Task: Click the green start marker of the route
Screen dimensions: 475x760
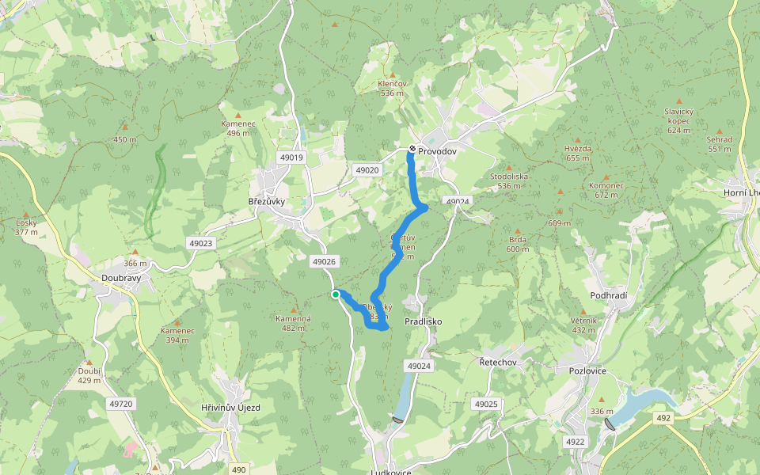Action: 336,294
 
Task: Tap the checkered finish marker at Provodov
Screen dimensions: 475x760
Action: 412,149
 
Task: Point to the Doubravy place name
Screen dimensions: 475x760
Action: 121,278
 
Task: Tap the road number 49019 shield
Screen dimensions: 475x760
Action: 291,158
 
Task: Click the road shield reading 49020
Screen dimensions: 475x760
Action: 367,169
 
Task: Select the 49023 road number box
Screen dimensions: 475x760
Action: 200,243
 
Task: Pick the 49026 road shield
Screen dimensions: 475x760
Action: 325,261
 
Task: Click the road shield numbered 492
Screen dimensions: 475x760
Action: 663,417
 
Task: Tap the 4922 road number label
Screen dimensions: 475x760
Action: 575,441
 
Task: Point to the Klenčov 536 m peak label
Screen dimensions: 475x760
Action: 392,88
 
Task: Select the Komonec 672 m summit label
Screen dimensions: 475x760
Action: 606,190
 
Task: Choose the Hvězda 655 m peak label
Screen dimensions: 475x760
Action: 578,153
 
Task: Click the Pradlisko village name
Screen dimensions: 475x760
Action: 423,321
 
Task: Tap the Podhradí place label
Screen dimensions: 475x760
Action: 609,295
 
